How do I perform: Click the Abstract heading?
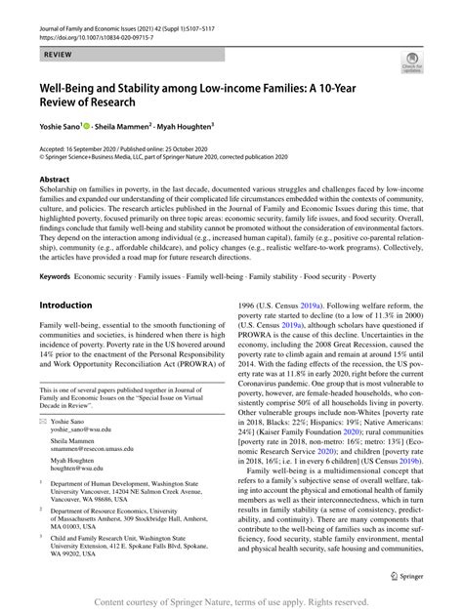(x=56, y=181)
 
